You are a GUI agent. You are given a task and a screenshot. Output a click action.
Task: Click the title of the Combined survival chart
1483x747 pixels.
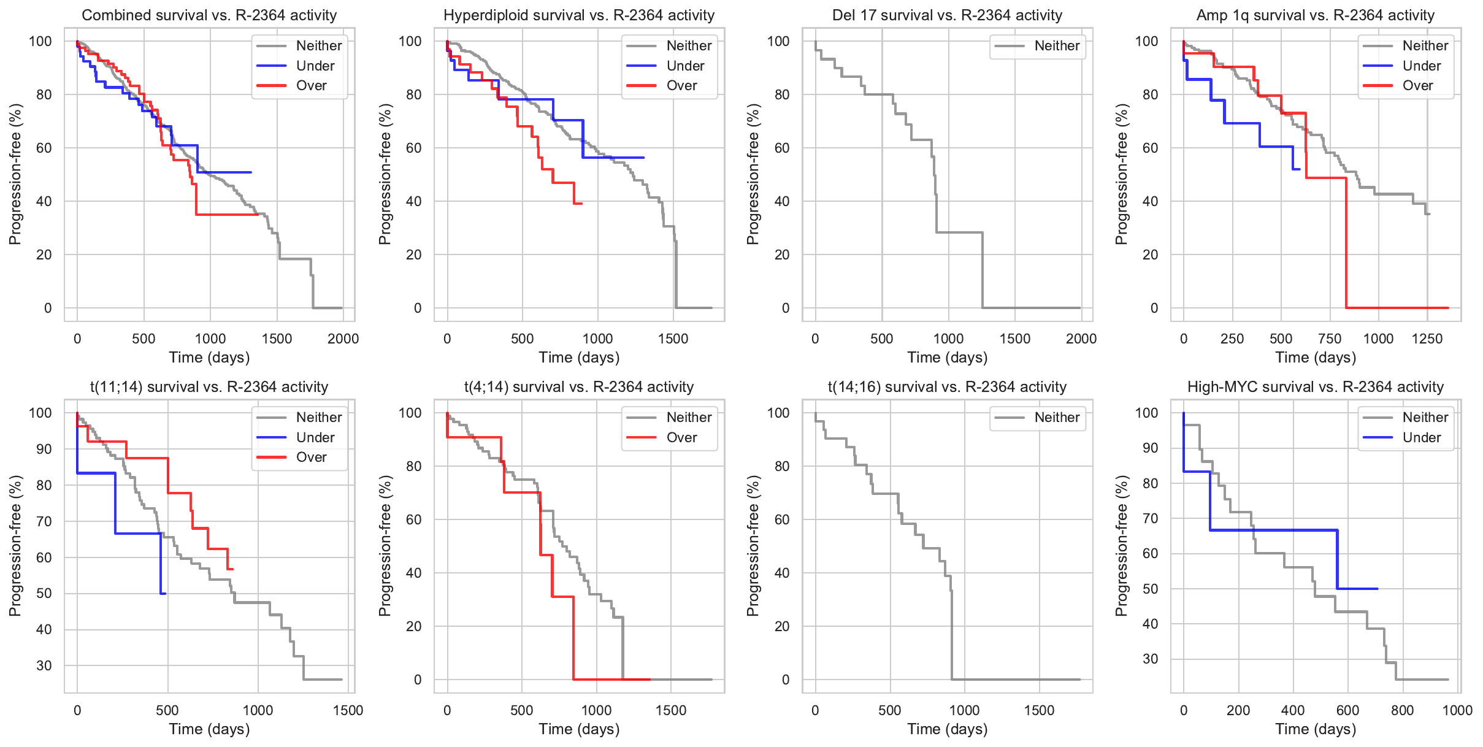[x=209, y=15]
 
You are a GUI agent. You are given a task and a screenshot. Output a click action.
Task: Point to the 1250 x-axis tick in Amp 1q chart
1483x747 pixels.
[x=1427, y=339]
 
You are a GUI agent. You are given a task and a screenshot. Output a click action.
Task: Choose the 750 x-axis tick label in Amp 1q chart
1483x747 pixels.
[x=1330, y=339]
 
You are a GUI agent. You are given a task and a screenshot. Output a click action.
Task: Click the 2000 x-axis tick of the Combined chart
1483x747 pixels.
[x=343, y=339]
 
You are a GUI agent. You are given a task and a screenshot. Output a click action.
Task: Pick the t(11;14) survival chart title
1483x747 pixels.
[x=209, y=387]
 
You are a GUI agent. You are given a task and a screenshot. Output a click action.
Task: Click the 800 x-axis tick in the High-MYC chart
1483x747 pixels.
[x=1402, y=710]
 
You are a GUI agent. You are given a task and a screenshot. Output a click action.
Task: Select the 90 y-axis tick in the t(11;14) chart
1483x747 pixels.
[x=44, y=449]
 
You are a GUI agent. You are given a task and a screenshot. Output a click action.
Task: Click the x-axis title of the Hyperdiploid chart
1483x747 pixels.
[x=579, y=358]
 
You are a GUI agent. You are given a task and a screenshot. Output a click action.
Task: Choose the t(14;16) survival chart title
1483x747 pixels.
[x=947, y=387]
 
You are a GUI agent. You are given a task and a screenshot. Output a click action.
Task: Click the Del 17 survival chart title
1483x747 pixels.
[x=947, y=15]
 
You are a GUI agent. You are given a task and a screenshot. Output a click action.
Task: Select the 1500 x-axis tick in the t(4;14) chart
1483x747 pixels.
[x=671, y=710]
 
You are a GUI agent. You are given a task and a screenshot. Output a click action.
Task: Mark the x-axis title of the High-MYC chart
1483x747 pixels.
[x=1316, y=729]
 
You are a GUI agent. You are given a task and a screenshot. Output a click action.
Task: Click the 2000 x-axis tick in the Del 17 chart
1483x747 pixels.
[x=1081, y=339]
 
